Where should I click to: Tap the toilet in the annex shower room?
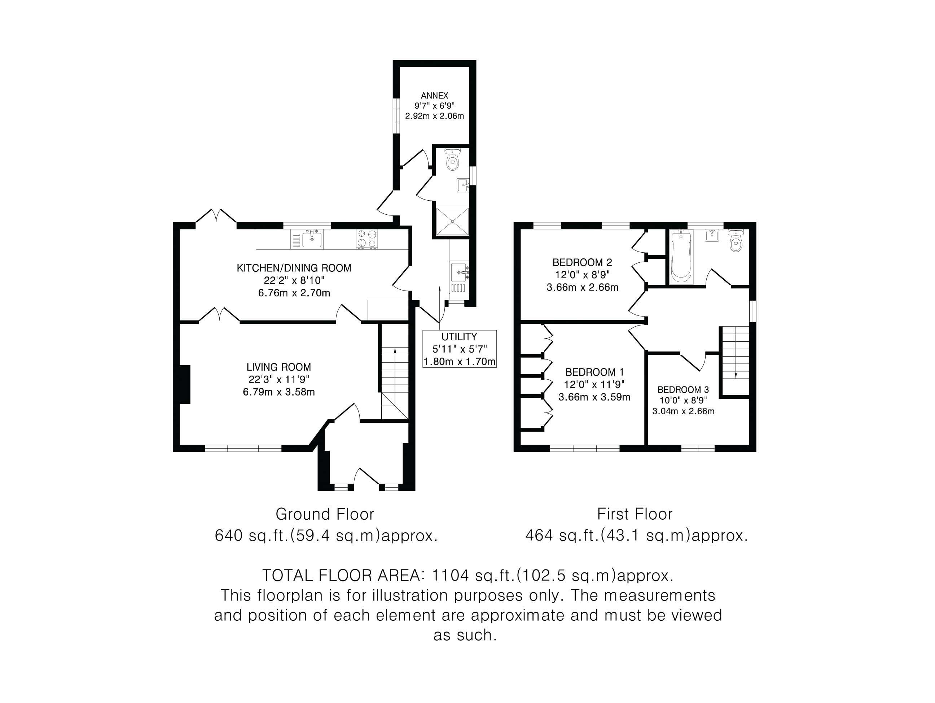452,159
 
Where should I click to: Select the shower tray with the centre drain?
452,221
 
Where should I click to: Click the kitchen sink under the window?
312,239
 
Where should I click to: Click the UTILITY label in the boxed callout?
459,337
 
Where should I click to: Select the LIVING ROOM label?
278,367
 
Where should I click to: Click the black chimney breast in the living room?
185,384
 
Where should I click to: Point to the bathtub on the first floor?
681,256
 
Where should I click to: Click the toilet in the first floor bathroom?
736,241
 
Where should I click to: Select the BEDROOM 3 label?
683,389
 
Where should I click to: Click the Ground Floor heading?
325,514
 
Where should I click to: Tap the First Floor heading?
635,514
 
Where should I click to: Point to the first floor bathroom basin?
712,235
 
